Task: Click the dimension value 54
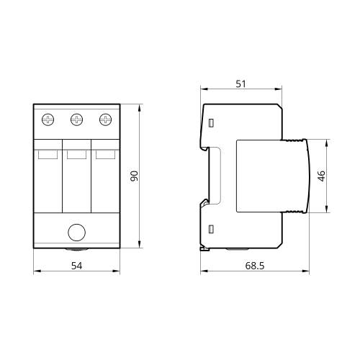[77, 266]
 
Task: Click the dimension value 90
[135, 176]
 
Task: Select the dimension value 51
[240, 84]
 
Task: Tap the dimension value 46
[321, 176]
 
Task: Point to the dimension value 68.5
[255, 266]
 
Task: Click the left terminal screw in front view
[48, 120]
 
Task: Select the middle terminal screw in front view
[77, 120]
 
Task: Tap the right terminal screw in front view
[106, 120]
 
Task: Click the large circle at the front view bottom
[77, 233]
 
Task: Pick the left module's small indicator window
[48, 154]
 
